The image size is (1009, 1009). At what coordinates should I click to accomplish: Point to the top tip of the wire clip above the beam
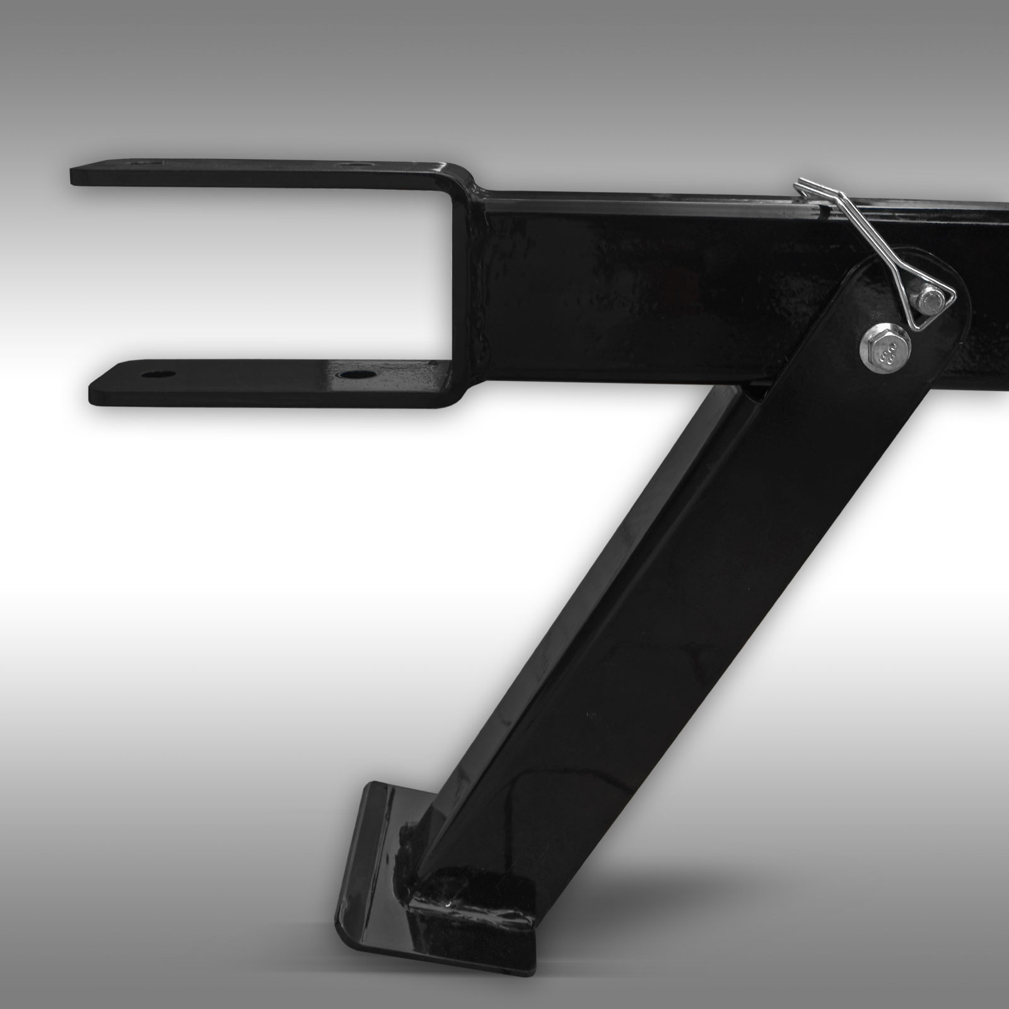tap(800, 182)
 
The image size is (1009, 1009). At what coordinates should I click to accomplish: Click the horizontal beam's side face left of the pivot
tap(631, 284)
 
